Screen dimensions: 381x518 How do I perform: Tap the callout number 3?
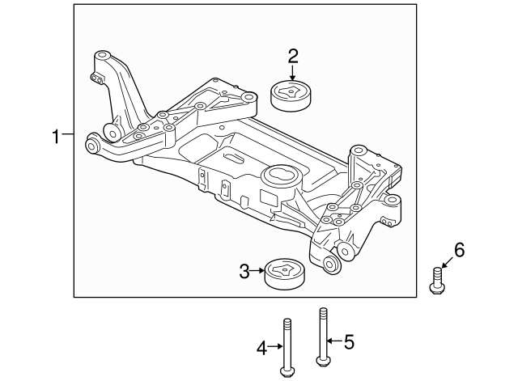point(244,272)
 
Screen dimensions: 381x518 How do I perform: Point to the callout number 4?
point(261,348)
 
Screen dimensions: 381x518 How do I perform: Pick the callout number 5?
point(349,342)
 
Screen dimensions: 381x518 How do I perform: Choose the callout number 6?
point(459,252)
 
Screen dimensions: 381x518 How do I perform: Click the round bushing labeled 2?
point(292,97)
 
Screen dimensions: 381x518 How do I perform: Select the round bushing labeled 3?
point(281,273)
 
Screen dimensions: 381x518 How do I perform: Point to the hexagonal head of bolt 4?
point(286,372)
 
